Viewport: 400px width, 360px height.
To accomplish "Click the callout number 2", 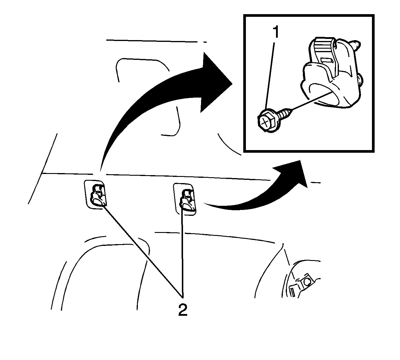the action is (183, 310).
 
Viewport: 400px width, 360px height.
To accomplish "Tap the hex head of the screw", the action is (267, 123).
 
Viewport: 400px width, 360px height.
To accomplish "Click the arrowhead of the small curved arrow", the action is (291, 173).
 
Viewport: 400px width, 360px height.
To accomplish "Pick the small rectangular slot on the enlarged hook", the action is (326, 60).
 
